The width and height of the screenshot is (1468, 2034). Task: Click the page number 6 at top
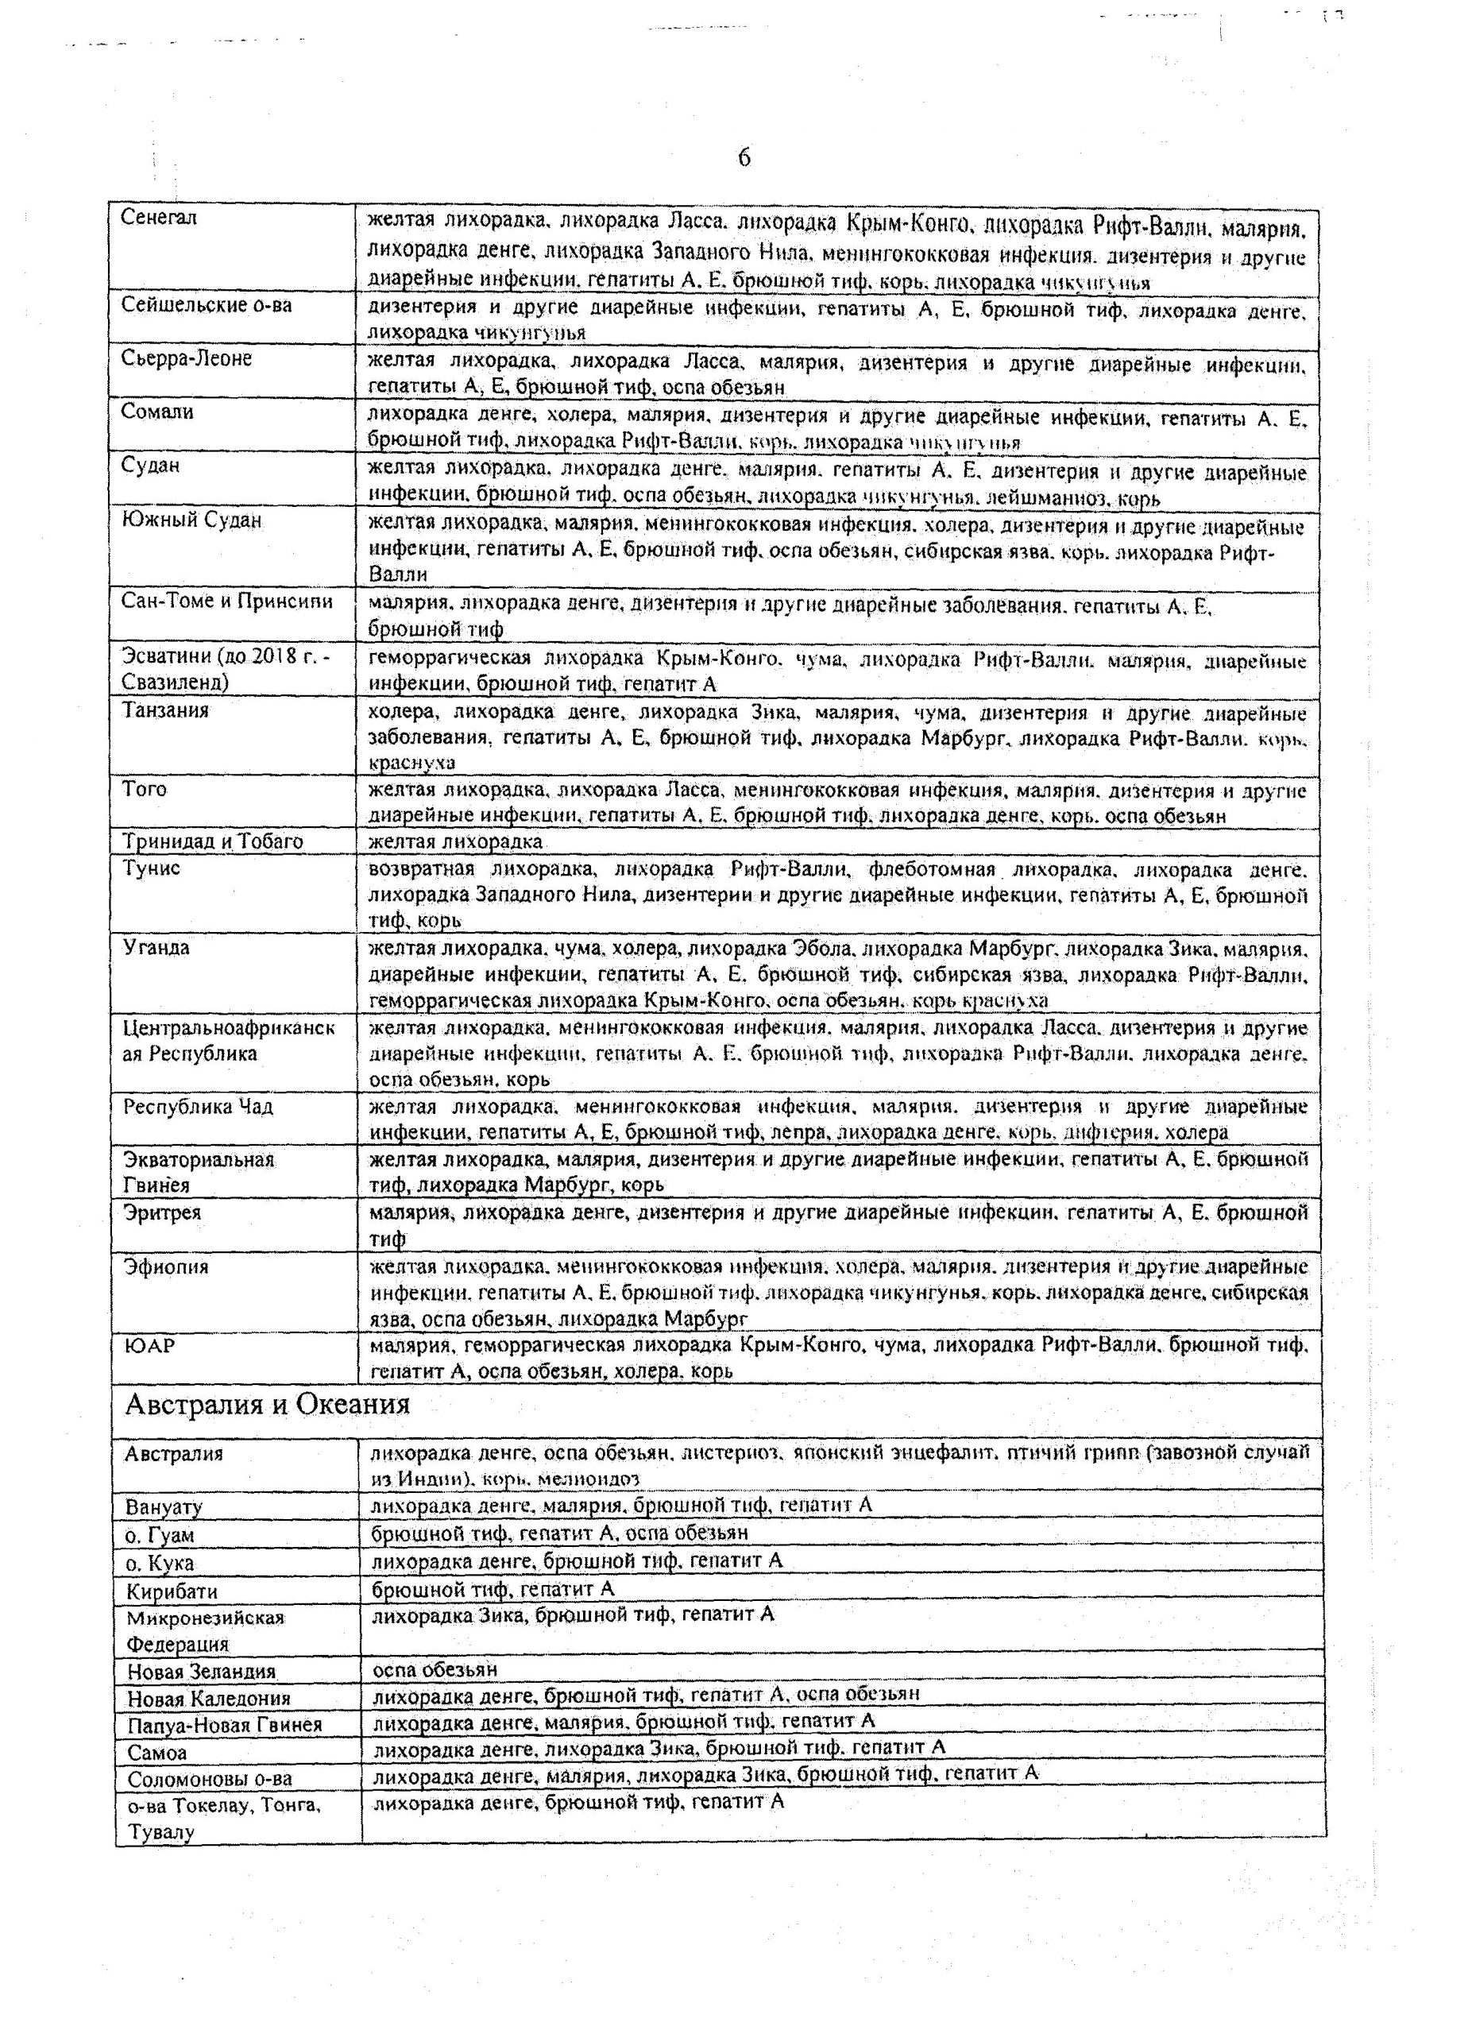(x=744, y=158)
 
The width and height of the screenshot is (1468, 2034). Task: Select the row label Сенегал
(x=159, y=218)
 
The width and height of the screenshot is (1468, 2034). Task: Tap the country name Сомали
(x=157, y=412)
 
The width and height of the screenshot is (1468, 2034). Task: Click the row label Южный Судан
(x=192, y=520)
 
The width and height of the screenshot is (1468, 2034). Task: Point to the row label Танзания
(x=165, y=710)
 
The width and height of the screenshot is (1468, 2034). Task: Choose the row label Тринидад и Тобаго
(x=213, y=841)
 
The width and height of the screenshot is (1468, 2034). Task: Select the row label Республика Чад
(x=197, y=1107)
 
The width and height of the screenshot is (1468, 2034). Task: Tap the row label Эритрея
(x=161, y=1212)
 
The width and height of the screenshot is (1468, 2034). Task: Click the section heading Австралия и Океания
(x=267, y=1405)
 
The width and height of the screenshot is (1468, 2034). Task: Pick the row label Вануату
(x=164, y=1506)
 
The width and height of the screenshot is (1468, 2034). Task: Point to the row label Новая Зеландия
(x=201, y=1672)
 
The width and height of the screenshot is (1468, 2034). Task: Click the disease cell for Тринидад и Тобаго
(x=455, y=841)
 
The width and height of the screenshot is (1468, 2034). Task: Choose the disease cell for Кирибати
(x=493, y=1590)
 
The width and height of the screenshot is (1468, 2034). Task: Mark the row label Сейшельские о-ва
(x=207, y=305)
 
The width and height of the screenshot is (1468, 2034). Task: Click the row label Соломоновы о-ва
(x=209, y=1779)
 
